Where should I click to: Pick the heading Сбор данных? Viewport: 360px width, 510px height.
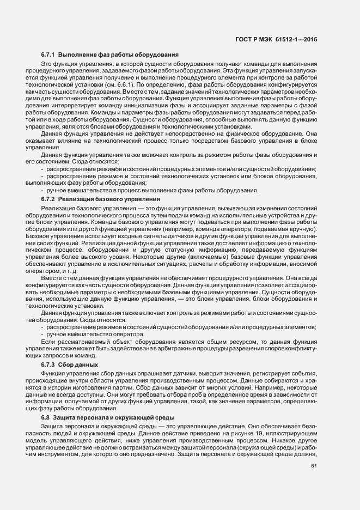(80, 363)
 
